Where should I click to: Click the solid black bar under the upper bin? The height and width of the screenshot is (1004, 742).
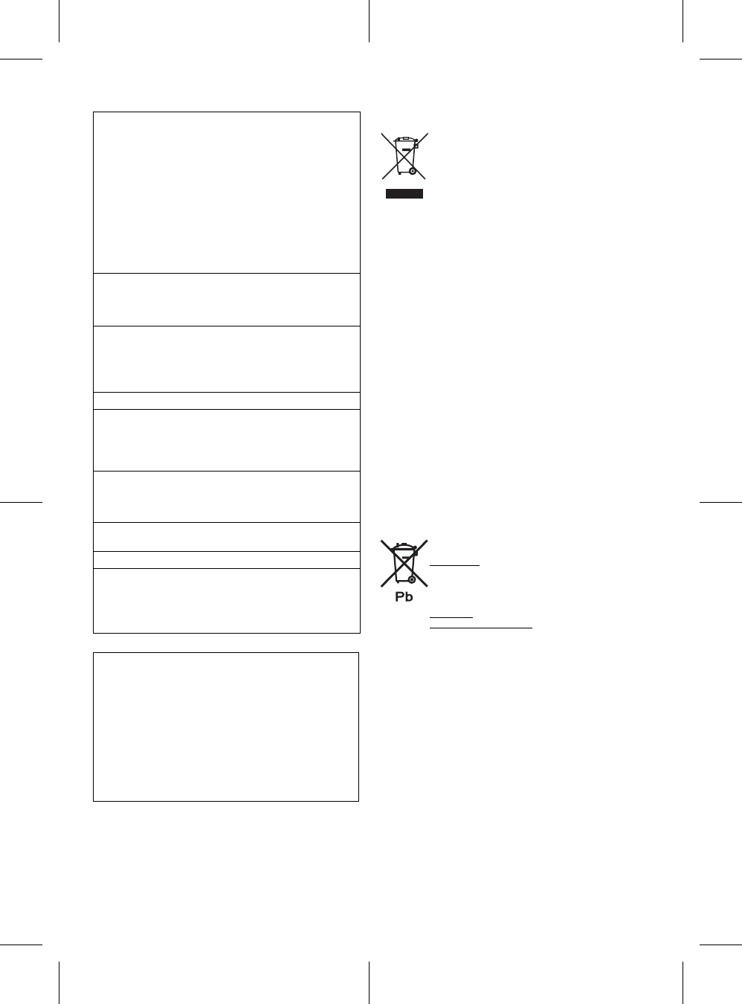(404, 194)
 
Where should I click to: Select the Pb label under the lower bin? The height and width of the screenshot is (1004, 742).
(404, 596)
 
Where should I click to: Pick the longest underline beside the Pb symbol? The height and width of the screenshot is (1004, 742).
(481, 628)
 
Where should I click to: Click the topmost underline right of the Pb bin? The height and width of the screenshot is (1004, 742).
(455, 565)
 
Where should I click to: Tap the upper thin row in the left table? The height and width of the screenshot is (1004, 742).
(226, 401)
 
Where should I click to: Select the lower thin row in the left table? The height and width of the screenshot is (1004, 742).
(226, 560)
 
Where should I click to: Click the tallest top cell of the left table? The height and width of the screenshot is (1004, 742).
(226, 193)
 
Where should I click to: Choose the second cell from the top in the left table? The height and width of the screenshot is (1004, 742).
(226, 300)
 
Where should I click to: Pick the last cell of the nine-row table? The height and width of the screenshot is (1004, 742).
(226, 601)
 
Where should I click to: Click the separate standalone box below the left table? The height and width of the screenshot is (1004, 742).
(226, 727)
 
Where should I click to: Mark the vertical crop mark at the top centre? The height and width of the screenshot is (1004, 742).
(370, 21)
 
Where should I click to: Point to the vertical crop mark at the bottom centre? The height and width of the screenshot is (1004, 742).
(370, 982)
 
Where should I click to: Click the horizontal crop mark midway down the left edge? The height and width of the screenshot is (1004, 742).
(21, 502)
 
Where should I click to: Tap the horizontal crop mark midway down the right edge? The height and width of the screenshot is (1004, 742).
(720, 502)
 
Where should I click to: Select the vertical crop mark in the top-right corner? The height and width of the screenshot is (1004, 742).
(683, 21)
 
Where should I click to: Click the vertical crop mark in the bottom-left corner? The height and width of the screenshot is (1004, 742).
(58, 982)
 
